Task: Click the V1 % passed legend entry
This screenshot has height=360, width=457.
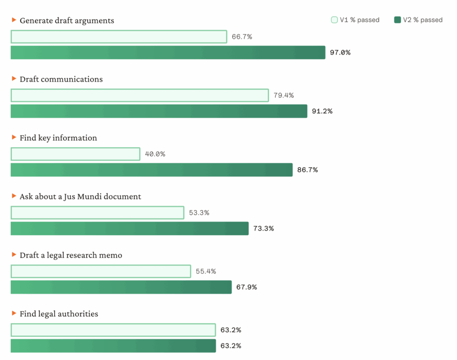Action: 355,20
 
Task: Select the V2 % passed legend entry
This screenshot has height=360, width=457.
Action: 419,20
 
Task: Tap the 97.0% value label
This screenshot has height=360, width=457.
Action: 340,53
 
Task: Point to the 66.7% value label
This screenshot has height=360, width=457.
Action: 242,37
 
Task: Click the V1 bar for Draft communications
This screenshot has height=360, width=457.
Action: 140,95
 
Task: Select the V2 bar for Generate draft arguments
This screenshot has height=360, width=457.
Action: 168,53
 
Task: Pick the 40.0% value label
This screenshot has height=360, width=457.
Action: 155,154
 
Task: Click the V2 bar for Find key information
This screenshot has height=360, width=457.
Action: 152,170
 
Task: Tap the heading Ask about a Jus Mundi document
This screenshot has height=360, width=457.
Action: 80,196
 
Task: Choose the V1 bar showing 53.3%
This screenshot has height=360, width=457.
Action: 97,213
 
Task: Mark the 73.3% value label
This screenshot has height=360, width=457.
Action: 263,228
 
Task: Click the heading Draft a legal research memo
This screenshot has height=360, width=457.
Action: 71,255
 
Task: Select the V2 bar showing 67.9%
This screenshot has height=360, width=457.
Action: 121,287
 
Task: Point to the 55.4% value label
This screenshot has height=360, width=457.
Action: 206,271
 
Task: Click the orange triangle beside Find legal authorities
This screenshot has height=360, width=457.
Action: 14,314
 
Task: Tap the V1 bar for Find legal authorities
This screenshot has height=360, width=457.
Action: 113,330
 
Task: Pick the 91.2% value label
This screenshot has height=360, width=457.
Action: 322,111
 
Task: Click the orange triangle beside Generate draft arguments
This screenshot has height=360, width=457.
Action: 14,20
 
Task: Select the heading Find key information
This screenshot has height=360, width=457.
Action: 58,138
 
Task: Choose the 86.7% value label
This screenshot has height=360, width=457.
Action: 307,170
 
